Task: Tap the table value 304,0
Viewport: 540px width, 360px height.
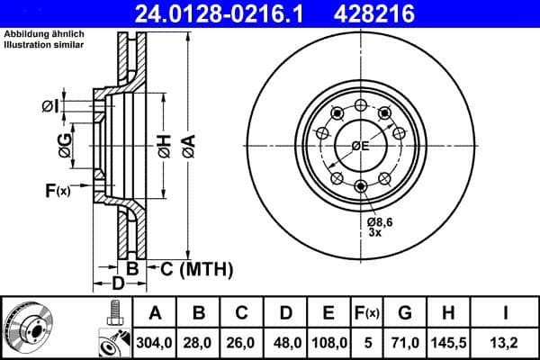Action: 154,342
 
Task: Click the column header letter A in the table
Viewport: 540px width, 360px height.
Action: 154,313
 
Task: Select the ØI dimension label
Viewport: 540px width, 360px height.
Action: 51,107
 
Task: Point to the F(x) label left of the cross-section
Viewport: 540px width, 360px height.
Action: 57,190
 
